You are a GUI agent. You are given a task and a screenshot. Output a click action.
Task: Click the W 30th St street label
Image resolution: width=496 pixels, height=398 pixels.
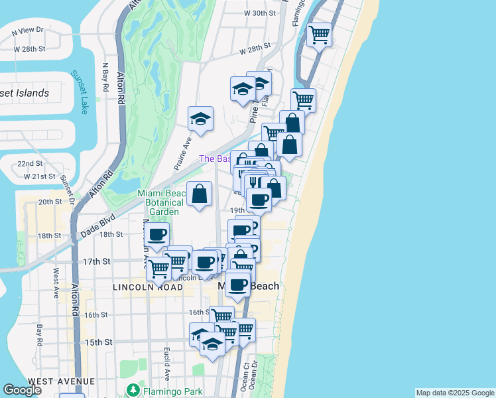click(x=259, y=13)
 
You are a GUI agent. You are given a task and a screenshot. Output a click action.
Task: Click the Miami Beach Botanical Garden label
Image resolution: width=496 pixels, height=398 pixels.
click(x=158, y=202)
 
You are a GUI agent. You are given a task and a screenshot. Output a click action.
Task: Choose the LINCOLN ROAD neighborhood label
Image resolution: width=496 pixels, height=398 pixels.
click(x=148, y=287)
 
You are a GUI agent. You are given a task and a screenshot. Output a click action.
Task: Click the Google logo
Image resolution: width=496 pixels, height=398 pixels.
click(x=23, y=390)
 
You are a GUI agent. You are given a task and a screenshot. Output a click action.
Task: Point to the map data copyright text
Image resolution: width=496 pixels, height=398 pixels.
click(x=455, y=393)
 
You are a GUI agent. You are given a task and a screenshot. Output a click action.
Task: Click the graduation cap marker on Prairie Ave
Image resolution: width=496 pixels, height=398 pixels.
click(x=200, y=119)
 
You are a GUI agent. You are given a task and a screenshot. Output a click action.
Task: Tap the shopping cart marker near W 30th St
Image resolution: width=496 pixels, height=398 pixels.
click(x=320, y=34)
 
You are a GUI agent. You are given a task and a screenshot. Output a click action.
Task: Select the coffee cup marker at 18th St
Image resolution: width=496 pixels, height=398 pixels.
click(x=157, y=234)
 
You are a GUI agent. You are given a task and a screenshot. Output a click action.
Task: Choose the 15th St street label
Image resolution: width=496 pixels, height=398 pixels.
click(x=98, y=342)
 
